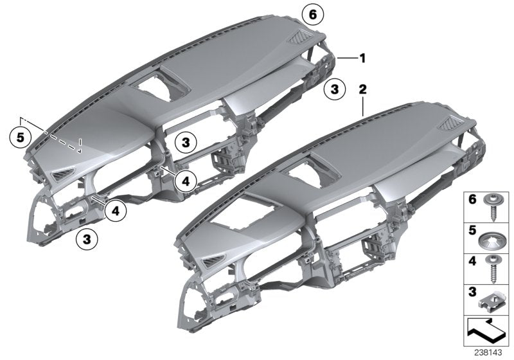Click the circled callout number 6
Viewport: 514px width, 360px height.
click(312, 14)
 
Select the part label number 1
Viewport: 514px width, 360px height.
click(362, 59)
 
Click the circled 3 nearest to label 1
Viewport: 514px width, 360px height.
click(334, 90)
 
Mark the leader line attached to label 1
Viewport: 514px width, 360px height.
click(346, 59)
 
